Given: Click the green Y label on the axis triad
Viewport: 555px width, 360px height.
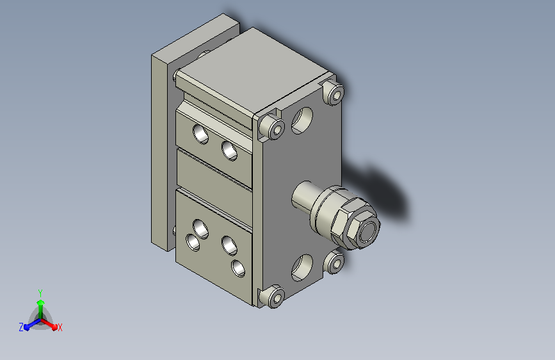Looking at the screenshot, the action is (40, 293).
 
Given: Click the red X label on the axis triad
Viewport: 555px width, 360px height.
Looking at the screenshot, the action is (60, 327).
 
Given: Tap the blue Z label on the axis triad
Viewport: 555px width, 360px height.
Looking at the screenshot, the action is (21, 327).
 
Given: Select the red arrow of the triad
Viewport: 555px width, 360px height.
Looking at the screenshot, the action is (49, 324).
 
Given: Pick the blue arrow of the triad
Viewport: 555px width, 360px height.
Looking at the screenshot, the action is (32, 324).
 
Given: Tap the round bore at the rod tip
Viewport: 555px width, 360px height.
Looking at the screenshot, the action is (368, 233).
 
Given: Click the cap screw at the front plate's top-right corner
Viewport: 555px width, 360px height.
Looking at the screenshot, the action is (333, 92).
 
